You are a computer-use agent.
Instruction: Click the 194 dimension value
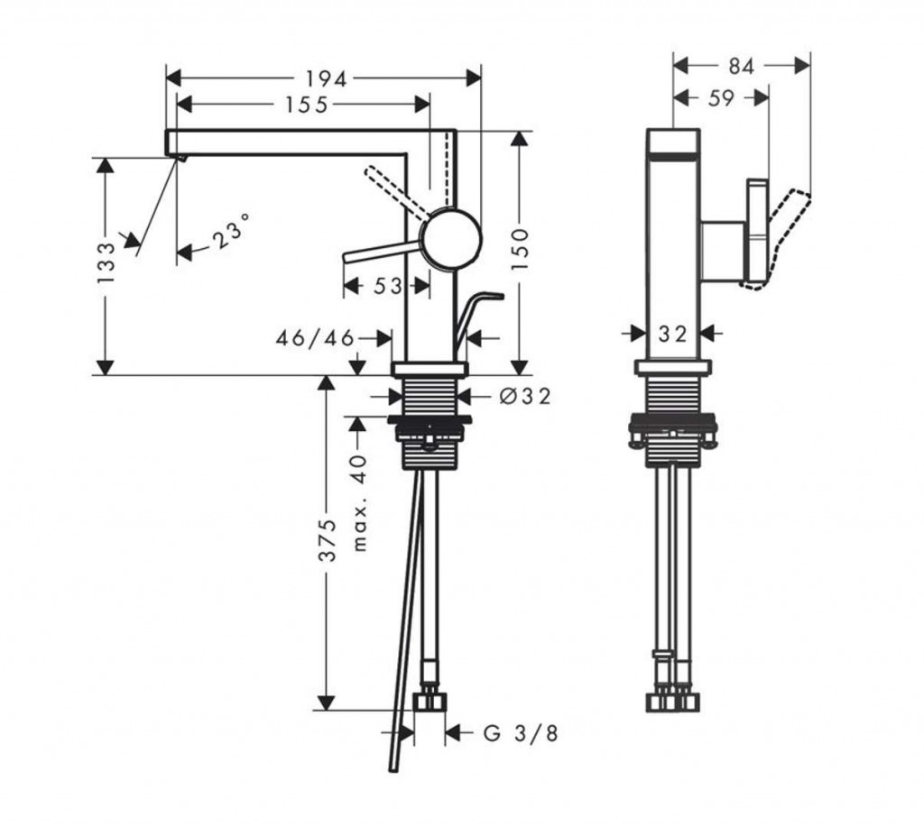pyautogui.click(x=326, y=78)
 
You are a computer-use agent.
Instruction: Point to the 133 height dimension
pyautogui.click(x=106, y=262)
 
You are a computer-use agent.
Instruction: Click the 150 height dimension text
pyautogui.click(x=520, y=250)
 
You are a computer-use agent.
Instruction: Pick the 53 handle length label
pyautogui.click(x=387, y=286)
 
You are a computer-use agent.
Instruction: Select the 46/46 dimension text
pyautogui.click(x=315, y=338)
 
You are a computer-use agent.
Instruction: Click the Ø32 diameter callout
pyautogui.click(x=525, y=397)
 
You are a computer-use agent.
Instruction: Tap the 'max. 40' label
pyautogui.click(x=360, y=502)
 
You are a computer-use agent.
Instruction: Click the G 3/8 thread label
pyautogui.click(x=521, y=733)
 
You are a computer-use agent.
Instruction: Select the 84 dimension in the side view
pyautogui.click(x=742, y=67)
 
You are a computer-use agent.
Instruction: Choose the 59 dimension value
pyautogui.click(x=721, y=97)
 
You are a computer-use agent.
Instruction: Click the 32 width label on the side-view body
pyautogui.click(x=673, y=334)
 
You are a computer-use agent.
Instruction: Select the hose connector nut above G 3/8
pyautogui.click(x=430, y=702)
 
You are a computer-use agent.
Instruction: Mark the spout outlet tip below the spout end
pyautogui.click(x=182, y=158)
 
